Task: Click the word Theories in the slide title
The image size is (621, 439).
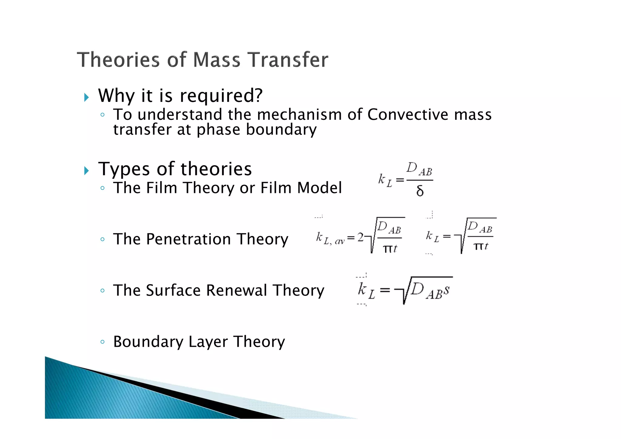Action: (118, 59)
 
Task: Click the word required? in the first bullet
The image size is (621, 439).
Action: (221, 96)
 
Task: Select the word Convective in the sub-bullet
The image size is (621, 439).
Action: (408, 115)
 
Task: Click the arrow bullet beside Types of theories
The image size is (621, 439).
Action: (87, 171)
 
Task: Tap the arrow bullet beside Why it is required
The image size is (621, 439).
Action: (87, 97)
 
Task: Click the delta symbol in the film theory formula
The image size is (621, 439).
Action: (420, 191)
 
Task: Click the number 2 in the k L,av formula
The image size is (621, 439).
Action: (360, 237)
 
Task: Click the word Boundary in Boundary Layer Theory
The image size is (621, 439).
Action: (148, 342)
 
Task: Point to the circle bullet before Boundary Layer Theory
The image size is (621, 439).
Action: (102, 342)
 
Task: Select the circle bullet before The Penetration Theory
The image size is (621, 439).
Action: (102, 239)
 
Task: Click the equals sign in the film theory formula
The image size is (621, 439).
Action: (400, 180)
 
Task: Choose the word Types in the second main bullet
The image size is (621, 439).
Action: (124, 169)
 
